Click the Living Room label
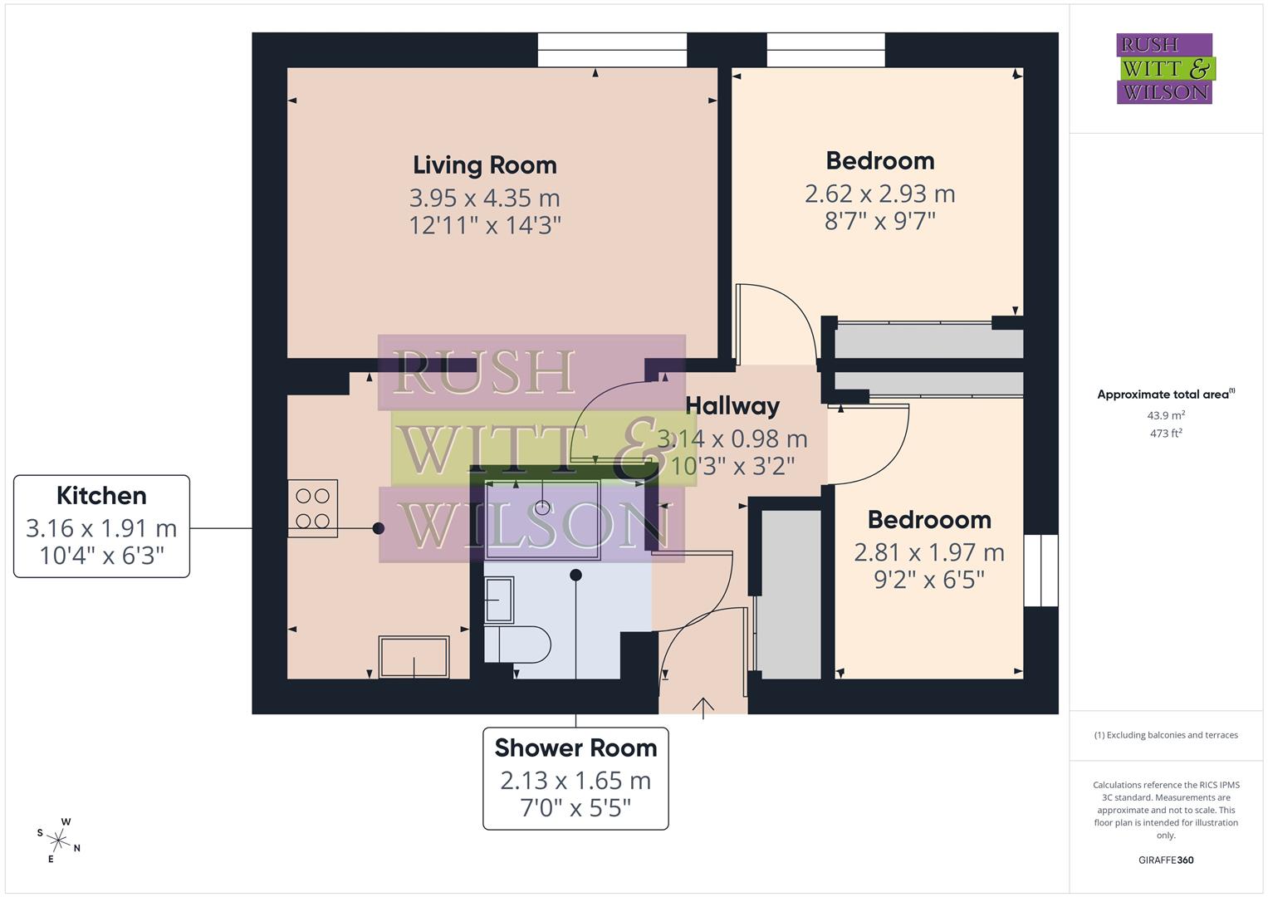[x=484, y=164]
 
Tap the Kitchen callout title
[x=101, y=496]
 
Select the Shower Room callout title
[x=575, y=747]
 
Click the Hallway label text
[x=732, y=405]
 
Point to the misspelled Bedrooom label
[x=929, y=520]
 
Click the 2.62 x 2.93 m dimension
[x=879, y=194]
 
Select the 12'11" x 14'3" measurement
[x=485, y=225]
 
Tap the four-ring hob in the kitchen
[x=312, y=508]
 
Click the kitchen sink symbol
[x=414, y=657]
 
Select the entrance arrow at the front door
[x=703, y=708]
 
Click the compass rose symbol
[x=59, y=840]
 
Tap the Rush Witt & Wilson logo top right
[x=1164, y=68]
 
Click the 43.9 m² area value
[x=1165, y=415]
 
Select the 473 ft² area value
[x=1165, y=433]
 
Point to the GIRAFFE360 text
[x=1165, y=860]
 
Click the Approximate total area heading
[x=1165, y=395]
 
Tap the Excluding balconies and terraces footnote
[x=1165, y=735]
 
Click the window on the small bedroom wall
[x=1040, y=571]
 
